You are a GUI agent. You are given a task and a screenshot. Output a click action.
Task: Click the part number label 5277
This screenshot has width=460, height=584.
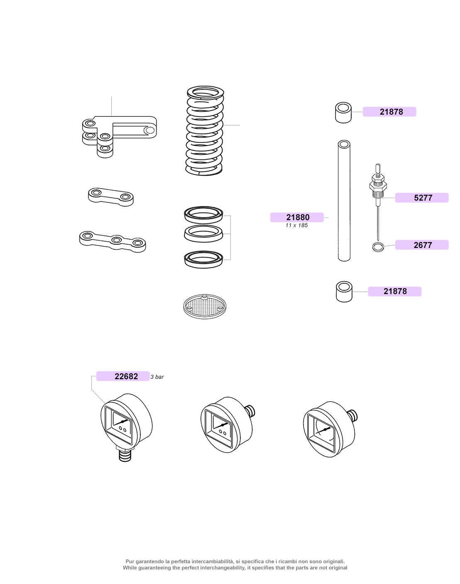coord(423,198)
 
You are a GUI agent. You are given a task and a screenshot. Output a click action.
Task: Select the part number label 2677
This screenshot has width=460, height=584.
coord(423,245)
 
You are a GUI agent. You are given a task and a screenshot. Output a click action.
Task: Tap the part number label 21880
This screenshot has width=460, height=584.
coord(298,217)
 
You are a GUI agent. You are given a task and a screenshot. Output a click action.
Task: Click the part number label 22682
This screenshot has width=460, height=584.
coord(126,376)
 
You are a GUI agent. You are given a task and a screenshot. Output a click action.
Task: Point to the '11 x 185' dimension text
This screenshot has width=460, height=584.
coord(296,225)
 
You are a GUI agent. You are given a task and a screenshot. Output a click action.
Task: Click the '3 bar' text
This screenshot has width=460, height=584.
coord(157,377)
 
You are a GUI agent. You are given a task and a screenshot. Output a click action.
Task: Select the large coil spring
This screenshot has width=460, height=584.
coord(205,130)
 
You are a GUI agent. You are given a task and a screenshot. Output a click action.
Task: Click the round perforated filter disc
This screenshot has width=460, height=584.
coord(205,307)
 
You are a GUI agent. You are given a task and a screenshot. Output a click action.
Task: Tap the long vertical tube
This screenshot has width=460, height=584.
coord(344,201)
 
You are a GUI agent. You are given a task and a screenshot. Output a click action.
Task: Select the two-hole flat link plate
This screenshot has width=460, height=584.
coord(111,197)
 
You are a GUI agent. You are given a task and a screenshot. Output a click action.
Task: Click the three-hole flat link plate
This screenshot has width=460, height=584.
coord(112,241)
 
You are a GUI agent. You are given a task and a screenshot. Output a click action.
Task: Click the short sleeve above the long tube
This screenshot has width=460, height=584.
coord(343,113)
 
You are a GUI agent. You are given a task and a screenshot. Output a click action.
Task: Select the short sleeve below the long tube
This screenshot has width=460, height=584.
coord(344,292)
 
